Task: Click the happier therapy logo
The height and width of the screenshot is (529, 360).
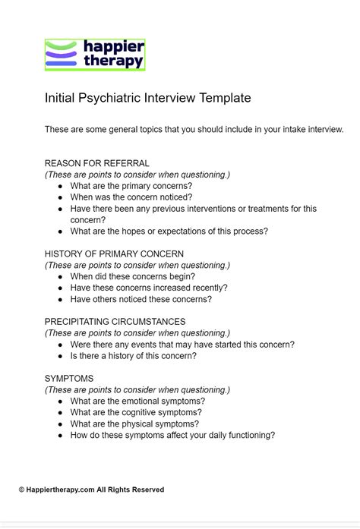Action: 94,55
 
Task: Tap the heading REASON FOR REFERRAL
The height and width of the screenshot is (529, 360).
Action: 96,163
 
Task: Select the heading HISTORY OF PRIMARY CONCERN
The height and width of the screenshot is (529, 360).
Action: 114,254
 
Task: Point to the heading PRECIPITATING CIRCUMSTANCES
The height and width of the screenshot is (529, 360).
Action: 115,322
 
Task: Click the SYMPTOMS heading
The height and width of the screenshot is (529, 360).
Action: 69,379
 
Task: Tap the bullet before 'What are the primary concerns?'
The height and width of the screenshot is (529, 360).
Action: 60,186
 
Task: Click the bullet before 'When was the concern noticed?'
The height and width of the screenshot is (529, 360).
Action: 60,197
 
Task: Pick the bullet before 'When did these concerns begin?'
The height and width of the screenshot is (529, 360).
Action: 60,277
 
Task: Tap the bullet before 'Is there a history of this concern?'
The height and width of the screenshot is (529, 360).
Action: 60,356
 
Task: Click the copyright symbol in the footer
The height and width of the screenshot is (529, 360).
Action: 22,490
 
